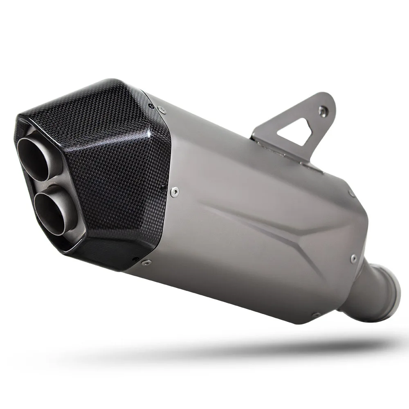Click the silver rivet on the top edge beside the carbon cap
tap(163, 109)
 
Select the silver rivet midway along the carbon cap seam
tap(175, 191)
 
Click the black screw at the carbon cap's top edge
tap(151, 106)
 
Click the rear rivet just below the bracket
tap(351, 192)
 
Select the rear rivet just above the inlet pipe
tap(353, 258)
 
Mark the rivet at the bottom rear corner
tap(315, 315)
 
